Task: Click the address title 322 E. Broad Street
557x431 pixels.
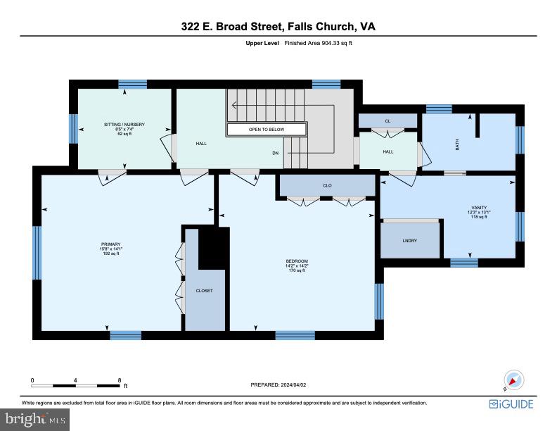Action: (x=278, y=27)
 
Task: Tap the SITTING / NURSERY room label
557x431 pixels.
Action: (x=124, y=125)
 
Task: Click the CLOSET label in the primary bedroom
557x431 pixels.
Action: (x=204, y=290)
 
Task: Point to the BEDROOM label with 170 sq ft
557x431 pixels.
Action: (x=296, y=261)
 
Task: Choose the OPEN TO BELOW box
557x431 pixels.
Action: (x=267, y=130)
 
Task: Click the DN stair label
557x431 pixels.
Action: (x=276, y=152)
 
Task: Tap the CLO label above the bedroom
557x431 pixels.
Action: (x=327, y=185)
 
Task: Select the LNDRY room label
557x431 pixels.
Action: (x=410, y=241)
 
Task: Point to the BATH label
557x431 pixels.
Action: (x=457, y=144)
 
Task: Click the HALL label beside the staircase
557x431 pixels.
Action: (x=200, y=143)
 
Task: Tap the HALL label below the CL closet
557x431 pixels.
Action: (x=388, y=151)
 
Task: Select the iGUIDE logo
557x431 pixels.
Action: (x=511, y=404)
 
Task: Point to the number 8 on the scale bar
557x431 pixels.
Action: (x=120, y=380)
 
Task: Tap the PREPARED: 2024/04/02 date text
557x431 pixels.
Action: (x=278, y=385)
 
